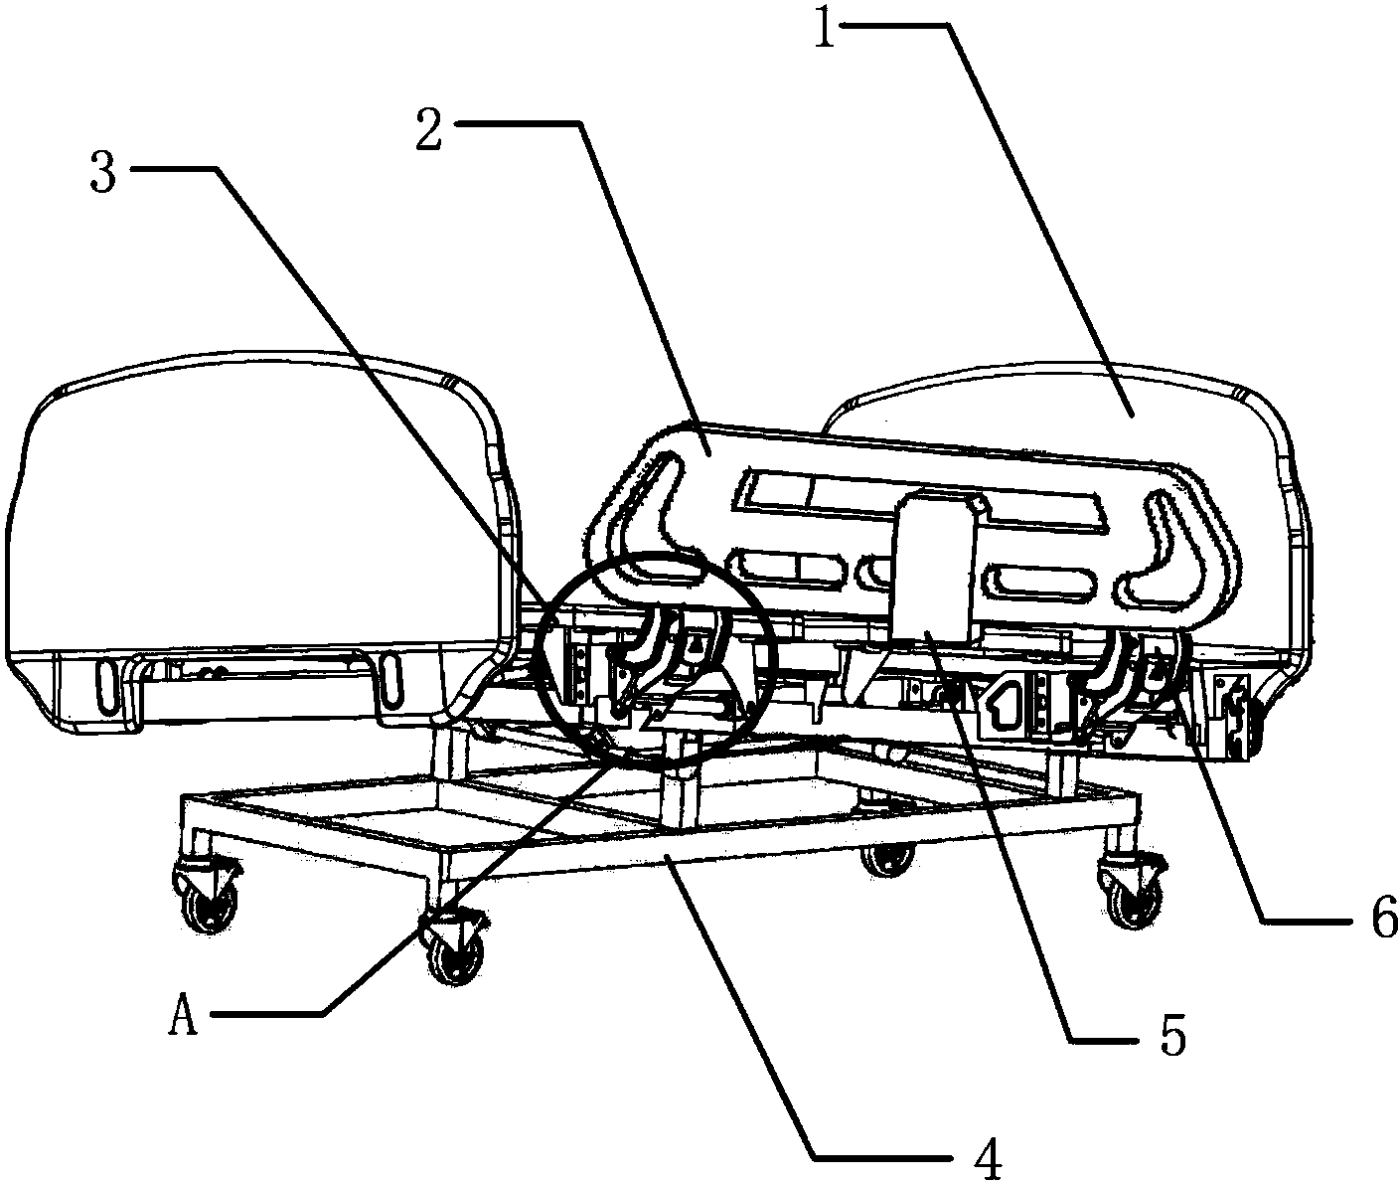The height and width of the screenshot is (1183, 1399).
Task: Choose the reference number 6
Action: pyautogui.click(x=1381, y=917)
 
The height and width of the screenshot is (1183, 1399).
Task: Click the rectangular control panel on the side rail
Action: pyautogui.click(x=935, y=566)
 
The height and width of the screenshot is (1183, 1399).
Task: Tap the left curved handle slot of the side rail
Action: pyautogui.click(x=651, y=521)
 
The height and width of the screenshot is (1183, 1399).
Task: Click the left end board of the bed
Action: pyautogui.click(x=260, y=542)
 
